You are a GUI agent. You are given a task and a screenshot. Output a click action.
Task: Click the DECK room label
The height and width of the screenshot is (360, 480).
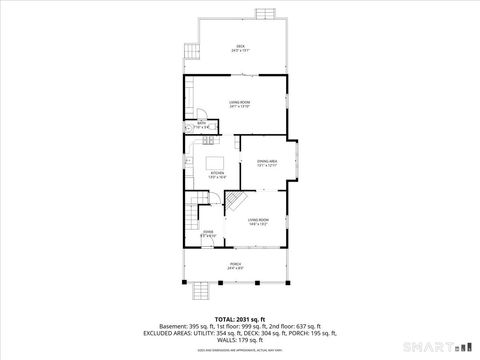(x=240, y=48)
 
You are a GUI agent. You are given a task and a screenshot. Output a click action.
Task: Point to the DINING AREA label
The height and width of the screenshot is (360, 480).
(x=266, y=162)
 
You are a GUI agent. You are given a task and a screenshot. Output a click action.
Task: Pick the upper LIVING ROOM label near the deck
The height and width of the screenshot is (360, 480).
(x=239, y=104)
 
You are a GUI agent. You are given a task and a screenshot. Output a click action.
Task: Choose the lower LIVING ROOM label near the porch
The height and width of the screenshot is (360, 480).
(x=258, y=221)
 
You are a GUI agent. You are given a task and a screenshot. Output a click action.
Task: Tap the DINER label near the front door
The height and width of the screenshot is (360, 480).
(x=208, y=234)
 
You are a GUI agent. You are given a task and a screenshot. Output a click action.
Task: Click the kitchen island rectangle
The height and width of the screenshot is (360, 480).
(x=216, y=161)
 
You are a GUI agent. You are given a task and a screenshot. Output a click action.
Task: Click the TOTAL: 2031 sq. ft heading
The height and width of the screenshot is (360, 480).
(x=240, y=317)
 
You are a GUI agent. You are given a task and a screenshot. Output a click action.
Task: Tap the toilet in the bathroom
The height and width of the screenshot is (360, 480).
(x=187, y=128)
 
